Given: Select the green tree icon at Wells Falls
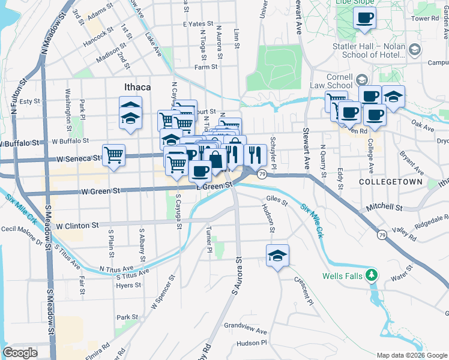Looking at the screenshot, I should pyautogui.click(x=373, y=275).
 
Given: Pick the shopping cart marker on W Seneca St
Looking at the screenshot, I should pyautogui.click(x=113, y=155).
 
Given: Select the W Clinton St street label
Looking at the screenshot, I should pyautogui.click(x=76, y=226).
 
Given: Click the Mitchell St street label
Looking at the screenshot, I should pyautogui.click(x=384, y=208).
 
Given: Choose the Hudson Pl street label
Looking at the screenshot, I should pyautogui.click(x=251, y=343).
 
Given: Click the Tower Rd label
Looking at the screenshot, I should pyautogui.click(x=426, y=19).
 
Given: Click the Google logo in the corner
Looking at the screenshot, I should pyautogui.click(x=20, y=353).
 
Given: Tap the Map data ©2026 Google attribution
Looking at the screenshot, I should pyautogui.click(x=411, y=355).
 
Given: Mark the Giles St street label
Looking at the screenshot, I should pyautogui.click(x=277, y=203).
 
